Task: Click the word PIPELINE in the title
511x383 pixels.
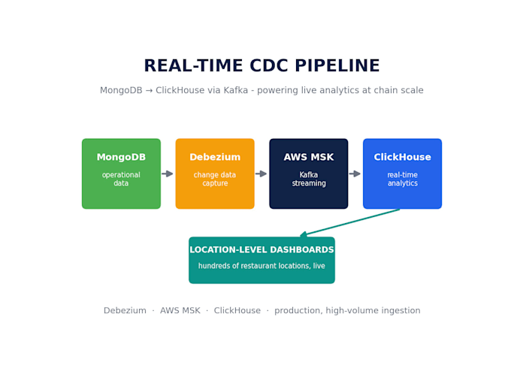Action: [337, 65]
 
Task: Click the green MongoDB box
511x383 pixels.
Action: [121, 173]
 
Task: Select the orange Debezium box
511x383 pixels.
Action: [215, 173]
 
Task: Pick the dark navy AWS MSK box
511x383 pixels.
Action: [309, 173]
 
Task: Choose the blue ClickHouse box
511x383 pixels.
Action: [403, 173]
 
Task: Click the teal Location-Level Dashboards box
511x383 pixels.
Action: [262, 261]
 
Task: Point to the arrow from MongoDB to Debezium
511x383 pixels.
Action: [168, 173]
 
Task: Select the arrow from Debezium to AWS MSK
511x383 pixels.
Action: [261, 173]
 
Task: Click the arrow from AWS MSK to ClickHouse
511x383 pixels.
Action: [355, 173]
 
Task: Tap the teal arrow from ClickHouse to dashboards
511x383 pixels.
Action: [349, 222]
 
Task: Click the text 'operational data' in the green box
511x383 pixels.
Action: [121, 179]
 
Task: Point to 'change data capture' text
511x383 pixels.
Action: [215, 179]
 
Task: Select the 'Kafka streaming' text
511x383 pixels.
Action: [309, 179]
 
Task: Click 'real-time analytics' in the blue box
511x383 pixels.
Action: [403, 179]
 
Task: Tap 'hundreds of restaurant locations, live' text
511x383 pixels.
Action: [262, 266]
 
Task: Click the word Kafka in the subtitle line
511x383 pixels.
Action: [236, 90]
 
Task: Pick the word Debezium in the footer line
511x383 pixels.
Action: [125, 310]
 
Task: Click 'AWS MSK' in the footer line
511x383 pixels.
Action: [180, 310]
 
